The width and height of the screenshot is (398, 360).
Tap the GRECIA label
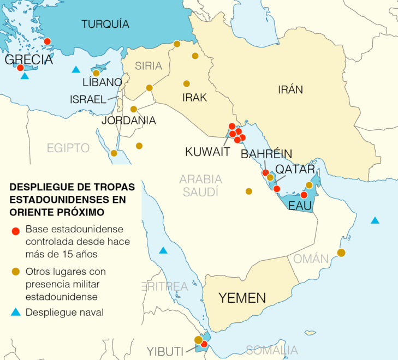[x=28, y=59]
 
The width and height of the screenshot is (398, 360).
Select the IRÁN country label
[x=290, y=90]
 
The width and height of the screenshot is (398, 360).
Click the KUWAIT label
[x=207, y=152]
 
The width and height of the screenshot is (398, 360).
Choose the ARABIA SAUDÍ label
[x=200, y=185]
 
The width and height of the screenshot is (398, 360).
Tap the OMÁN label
[x=311, y=259]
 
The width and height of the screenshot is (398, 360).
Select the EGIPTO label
[x=68, y=148]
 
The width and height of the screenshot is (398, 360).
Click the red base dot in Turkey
[x=47, y=41]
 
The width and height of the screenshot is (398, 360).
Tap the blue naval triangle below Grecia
[x=25, y=76]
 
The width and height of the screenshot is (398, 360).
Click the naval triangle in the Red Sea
[x=163, y=251]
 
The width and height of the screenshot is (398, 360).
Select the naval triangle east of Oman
[x=375, y=220]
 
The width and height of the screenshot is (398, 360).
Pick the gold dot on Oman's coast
[x=341, y=253]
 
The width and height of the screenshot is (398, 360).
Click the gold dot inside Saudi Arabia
[x=249, y=191]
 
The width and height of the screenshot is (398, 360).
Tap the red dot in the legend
[x=15, y=230]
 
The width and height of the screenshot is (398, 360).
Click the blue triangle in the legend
[x=15, y=312]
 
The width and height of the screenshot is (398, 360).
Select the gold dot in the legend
[x=15, y=272]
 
